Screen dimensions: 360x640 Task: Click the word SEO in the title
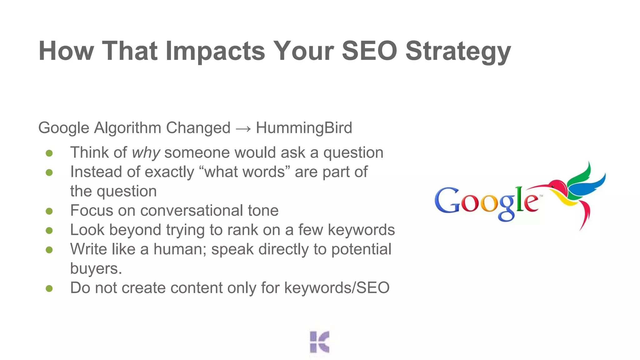pyautogui.click(x=369, y=51)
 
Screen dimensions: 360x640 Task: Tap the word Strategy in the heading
pyautogui.click(x=458, y=52)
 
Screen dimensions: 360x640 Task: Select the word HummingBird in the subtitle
pyautogui.click(x=304, y=128)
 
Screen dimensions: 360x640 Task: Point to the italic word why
pyautogui.click(x=146, y=153)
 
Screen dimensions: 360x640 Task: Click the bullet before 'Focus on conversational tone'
pyautogui.click(x=49, y=211)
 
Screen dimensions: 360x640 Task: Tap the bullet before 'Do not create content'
pyautogui.click(x=49, y=288)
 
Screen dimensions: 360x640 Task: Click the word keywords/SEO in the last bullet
pyautogui.click(x=337, y=288)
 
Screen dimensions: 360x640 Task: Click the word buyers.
pyautogui.click(x=96, y=269)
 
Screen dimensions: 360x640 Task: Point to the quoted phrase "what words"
pyautogui.click(x=245, y=172)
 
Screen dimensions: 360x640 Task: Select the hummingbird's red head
pyautogui.click(x=557, y=186)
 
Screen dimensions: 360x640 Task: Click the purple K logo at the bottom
pyautogui.click(x=319, y=342)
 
